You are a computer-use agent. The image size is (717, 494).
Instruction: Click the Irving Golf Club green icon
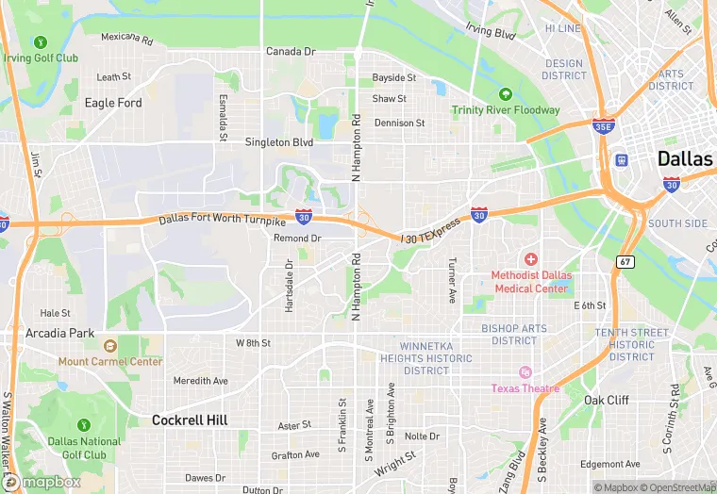tap(40, 42)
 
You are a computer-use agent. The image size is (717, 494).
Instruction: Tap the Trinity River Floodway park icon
tap(505, 93)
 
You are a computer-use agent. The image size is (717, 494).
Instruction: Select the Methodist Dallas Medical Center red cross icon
tap(531, 258)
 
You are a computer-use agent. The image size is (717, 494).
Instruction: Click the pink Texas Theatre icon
tap(525, 372)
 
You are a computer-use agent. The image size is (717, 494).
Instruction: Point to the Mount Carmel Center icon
tap(109, 346)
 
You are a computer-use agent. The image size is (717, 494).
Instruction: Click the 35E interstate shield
tap(604, 125)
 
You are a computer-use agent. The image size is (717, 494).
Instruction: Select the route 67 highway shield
tap(625, 260)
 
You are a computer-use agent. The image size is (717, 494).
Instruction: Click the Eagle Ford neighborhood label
tap(113, 103)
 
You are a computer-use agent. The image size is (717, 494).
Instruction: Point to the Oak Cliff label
tap(606, 400)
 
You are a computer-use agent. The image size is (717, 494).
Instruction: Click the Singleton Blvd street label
tap(278, 142)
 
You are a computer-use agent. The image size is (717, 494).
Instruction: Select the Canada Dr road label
tap(290, 52)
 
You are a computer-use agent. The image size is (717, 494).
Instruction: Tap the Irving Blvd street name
tap(492, 33)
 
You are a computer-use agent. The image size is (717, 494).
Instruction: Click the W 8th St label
tap(253, 343)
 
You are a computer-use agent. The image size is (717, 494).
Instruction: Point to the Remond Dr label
tap(297, 239)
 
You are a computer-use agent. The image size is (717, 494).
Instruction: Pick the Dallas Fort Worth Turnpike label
tap(222, 220)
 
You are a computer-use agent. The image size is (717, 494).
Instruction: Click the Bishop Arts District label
tap(514, 334)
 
